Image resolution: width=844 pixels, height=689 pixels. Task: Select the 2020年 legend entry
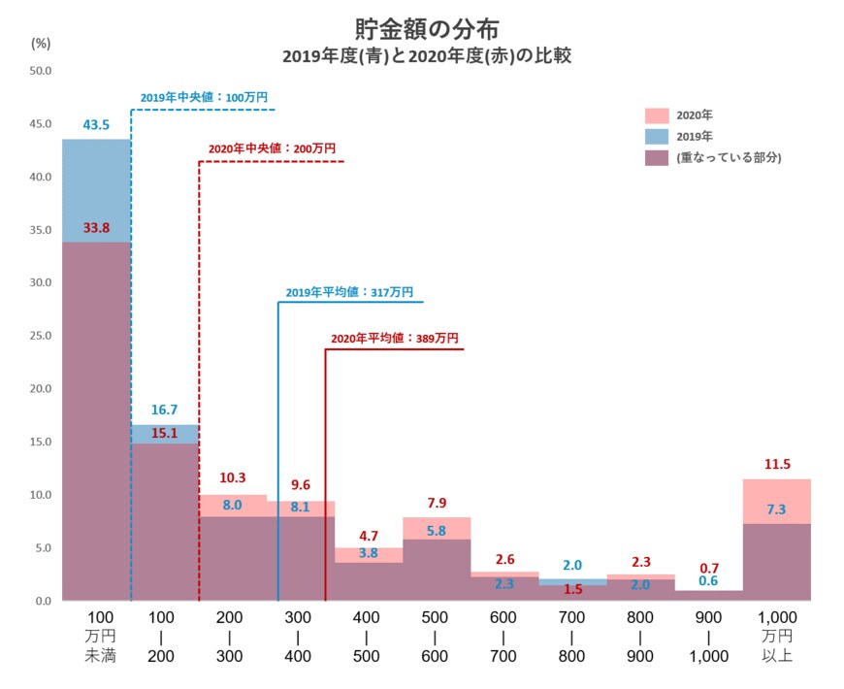click(x=695, y=115)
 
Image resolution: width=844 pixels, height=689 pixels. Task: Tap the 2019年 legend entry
click(x=695, y=136)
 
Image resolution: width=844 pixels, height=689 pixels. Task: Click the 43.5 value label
click(x=95, y=125)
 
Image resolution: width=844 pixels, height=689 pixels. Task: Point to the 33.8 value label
click(x=95, y=229)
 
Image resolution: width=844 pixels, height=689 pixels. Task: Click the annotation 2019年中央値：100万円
click(x=204, y=98)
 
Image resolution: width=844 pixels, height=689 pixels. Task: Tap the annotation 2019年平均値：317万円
click(x=349, y=292)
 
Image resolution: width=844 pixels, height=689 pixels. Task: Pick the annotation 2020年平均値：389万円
click(x=394, y=339)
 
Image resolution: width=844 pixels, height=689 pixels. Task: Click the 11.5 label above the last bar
click(x=776, y=465)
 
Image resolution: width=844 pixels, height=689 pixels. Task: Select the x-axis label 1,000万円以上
click(x=776, y=637)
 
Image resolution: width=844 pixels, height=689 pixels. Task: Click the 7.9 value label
click(x=436, y=503)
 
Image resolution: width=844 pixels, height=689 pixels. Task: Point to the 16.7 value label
click(x=163, y=411)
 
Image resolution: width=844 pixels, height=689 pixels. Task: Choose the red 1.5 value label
click(x=572, y=589)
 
